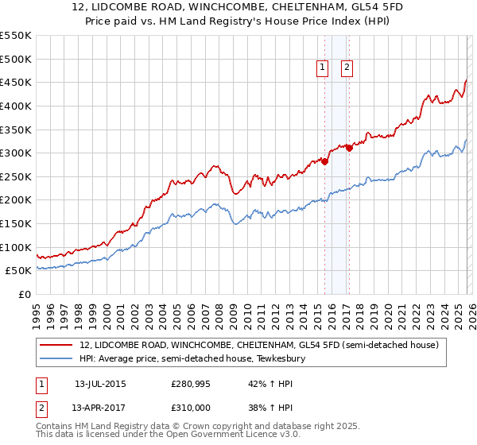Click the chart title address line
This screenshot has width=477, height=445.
tap(238, 7)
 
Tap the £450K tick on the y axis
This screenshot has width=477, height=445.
tap(16, 82)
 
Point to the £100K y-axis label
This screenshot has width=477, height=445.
tap(16, 247)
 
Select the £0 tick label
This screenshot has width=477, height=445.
tap(25, 294)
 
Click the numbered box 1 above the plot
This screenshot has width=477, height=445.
tap(323, 68)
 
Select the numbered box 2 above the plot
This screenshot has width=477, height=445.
tap(347, 68)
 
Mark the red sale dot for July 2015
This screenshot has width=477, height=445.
tap(324, 161)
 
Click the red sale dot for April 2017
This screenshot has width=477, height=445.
tap(349, 148)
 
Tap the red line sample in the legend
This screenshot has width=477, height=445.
tap(57, 345)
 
